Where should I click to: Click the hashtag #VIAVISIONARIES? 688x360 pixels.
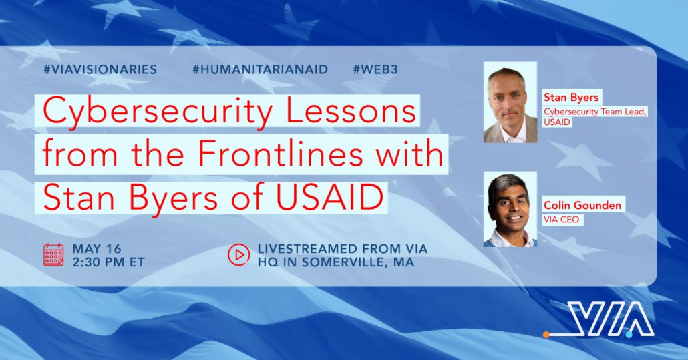100,69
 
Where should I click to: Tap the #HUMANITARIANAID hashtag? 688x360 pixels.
261,69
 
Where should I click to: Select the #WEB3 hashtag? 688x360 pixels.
375,69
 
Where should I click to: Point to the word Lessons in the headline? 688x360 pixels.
351,111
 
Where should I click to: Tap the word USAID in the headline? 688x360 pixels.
330,198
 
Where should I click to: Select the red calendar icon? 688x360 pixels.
53,254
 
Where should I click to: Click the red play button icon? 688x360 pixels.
238,254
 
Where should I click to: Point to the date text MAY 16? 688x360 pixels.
97,249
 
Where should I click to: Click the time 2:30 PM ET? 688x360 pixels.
108,262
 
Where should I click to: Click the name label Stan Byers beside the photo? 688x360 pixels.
571,97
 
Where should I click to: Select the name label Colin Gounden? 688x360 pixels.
582,205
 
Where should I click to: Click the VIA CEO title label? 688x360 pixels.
562,219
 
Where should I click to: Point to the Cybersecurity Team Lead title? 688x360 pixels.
595,112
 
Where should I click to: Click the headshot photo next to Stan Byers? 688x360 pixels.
510,102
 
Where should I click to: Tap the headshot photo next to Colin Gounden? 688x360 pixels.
510,209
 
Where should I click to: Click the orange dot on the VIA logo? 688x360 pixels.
546,335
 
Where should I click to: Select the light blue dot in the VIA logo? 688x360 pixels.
629,335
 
